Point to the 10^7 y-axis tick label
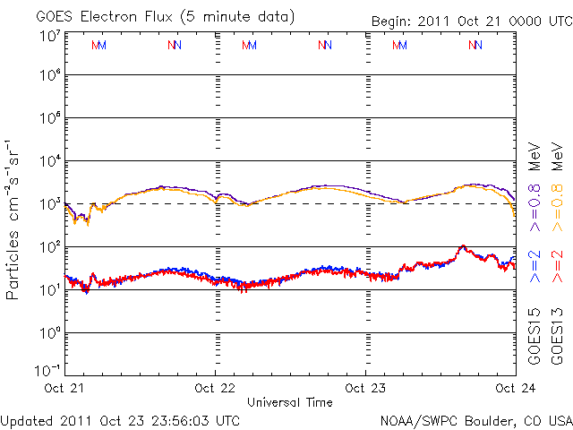coord(48,37)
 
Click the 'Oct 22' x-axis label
coord(216,388)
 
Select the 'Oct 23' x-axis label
coord(365,388)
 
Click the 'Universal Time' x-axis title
coord(290,402)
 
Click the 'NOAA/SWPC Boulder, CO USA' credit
coord(475,419)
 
